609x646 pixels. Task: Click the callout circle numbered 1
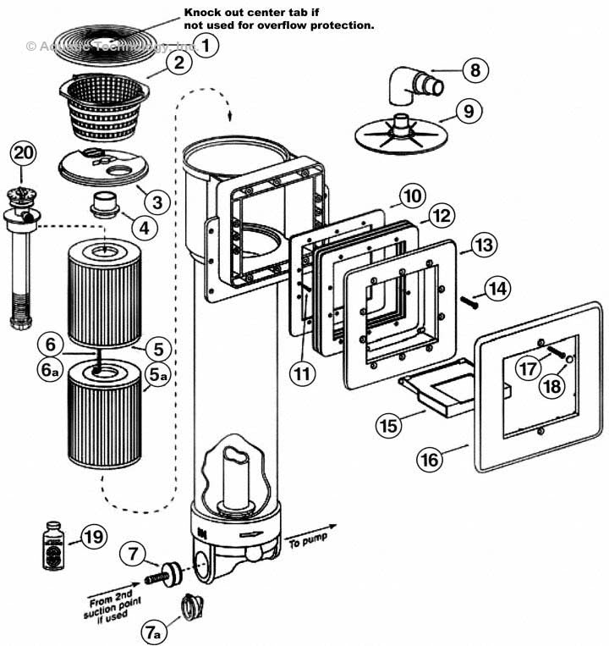coord(207,45)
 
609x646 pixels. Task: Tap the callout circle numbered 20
coord(24,154)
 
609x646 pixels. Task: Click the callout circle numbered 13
coord(483,246)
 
